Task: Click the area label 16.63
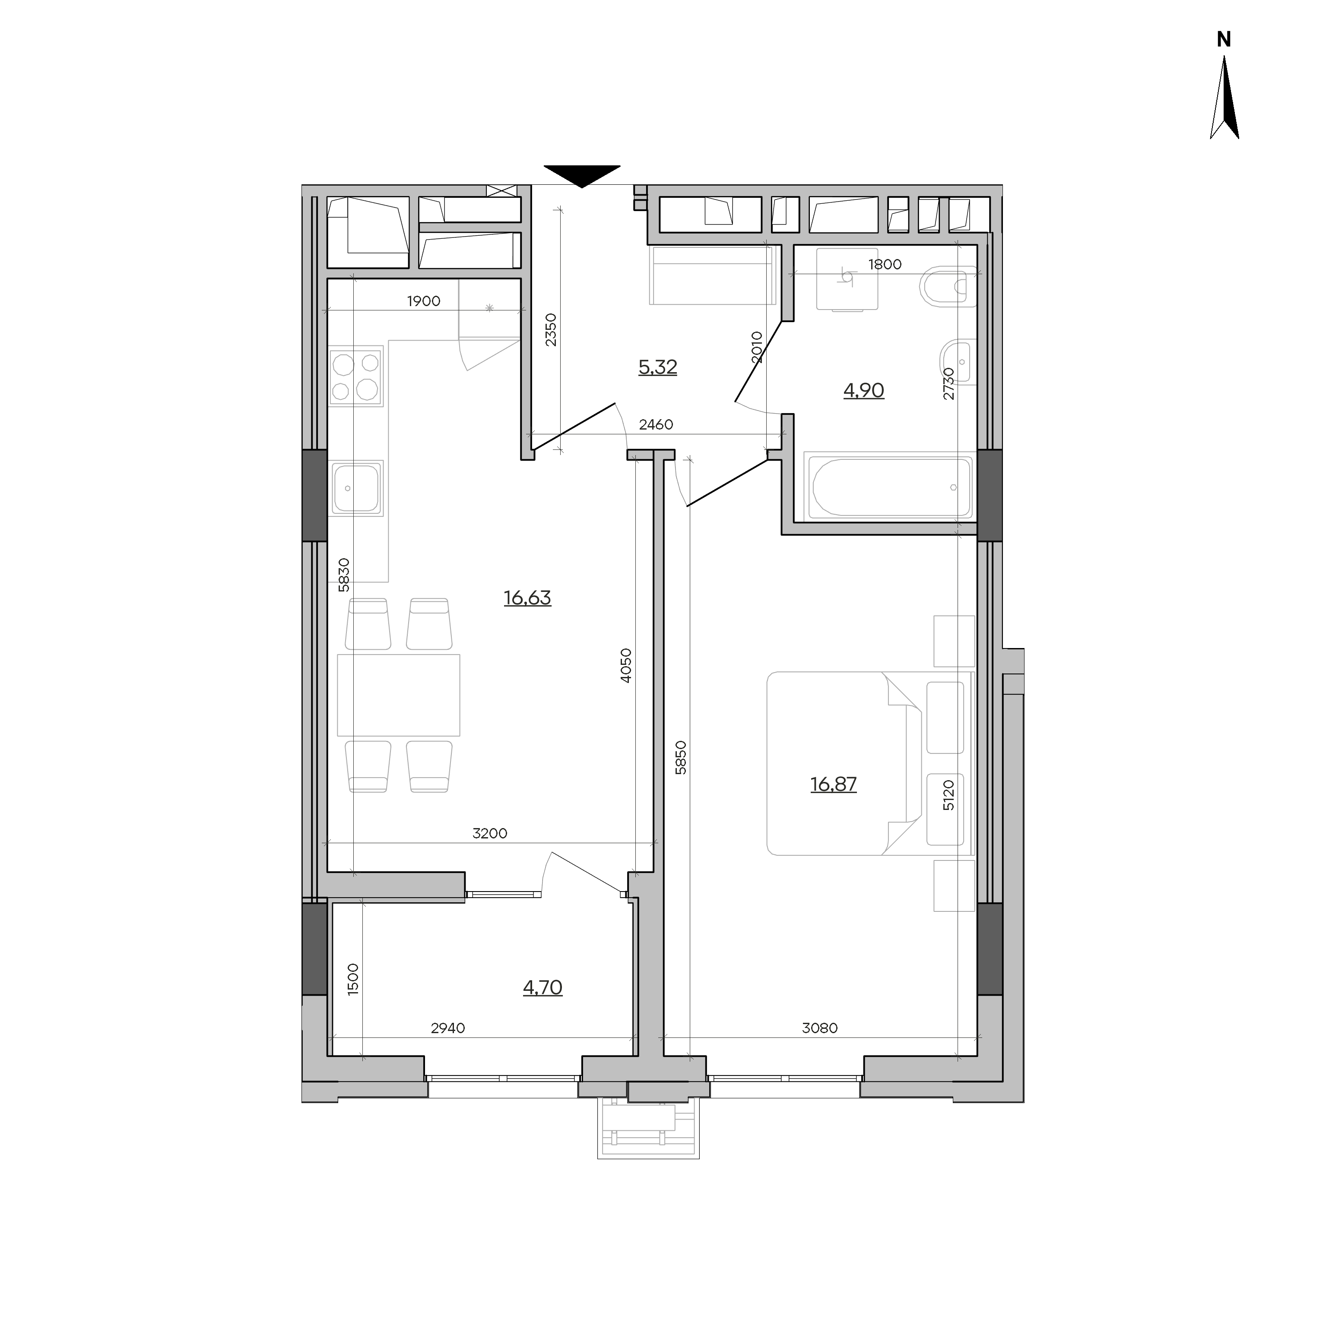(x=527, y=598)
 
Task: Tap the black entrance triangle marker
(x=582, y=176)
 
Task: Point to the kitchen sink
(x=355, y=488)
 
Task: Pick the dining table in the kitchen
(x=399, y=695)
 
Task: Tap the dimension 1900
(x=423, y=301)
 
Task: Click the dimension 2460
(x=656, y=425)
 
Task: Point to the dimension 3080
(x=819, y=1028)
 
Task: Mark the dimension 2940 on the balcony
(x=447, y=1028)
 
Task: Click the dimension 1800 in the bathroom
(x=885, y=265)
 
